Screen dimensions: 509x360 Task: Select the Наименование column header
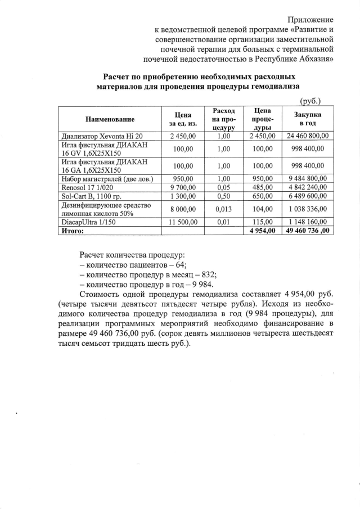110,119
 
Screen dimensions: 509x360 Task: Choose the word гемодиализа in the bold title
271,86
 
